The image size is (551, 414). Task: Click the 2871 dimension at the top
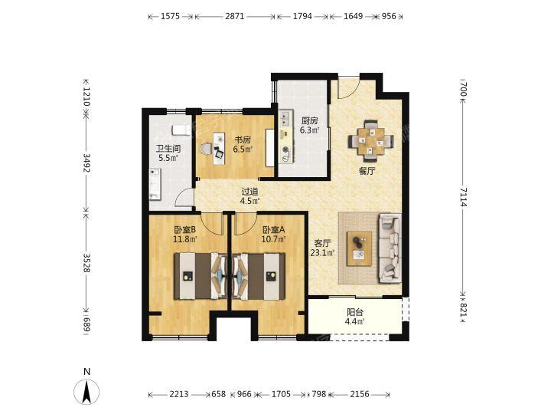coord(235,16)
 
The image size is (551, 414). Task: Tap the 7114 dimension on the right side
coord(464,197)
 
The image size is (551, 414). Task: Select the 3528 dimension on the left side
coord(86,262)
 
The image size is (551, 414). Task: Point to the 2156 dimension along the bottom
coord(360,394)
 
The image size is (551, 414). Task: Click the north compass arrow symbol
coord(86,392)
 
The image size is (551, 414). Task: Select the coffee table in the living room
coord(359,248)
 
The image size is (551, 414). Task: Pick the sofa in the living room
coord(390,248)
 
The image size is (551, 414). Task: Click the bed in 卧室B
coord(201,276)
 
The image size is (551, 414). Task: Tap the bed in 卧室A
coord(259,276)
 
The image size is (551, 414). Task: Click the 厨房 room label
coord(309,121)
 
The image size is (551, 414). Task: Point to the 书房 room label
coord(243,140)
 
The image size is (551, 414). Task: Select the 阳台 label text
coord(355,312)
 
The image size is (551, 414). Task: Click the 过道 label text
coord(249,192)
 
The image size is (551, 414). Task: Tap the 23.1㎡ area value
coord(322,252)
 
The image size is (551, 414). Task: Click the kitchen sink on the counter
coord(285,119)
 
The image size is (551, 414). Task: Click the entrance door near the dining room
coord(348,87)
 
